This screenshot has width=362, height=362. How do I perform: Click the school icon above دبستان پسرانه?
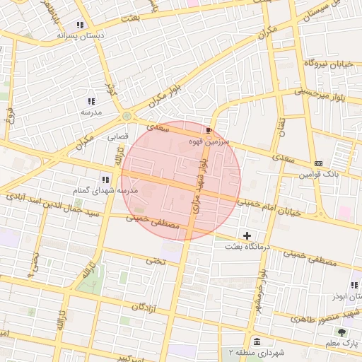point(81,25)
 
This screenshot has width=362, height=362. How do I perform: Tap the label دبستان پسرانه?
point(80,35)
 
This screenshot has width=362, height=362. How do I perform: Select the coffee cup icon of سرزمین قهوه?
point(208,131)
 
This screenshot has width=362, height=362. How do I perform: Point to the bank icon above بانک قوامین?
point(318,163)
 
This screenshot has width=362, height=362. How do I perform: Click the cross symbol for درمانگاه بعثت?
point(247,235)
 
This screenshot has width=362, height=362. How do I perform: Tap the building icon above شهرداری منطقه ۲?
point(255,342)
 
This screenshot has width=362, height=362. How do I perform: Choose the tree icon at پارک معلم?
point(342,332)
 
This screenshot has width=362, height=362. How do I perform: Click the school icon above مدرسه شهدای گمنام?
point(105,180)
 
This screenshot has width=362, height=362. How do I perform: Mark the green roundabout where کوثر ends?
point(127,116)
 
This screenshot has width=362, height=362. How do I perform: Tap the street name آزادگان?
point(143,308)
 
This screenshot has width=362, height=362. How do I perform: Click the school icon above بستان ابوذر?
point(354,285)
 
